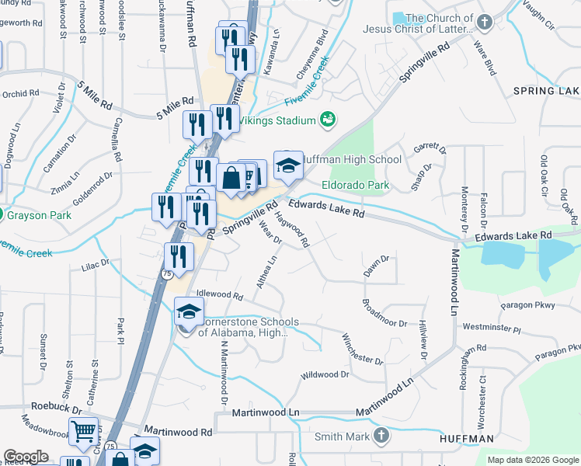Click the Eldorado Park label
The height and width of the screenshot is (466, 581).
[356, 186]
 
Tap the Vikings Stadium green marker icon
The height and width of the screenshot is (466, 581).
[328, 120]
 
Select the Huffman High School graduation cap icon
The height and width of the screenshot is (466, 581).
[288, 165]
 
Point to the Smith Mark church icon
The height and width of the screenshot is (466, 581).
[381, 436]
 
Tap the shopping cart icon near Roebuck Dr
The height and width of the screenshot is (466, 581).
[83, 431]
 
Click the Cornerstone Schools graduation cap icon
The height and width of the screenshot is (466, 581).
[188, 312]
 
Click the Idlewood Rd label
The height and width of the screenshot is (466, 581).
[220, 295]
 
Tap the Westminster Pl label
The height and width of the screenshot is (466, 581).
[495, 329]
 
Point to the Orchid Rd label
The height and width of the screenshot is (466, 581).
[20, 94]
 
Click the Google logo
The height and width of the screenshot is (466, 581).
[26, 457]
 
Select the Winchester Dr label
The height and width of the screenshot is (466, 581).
[363, 349]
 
